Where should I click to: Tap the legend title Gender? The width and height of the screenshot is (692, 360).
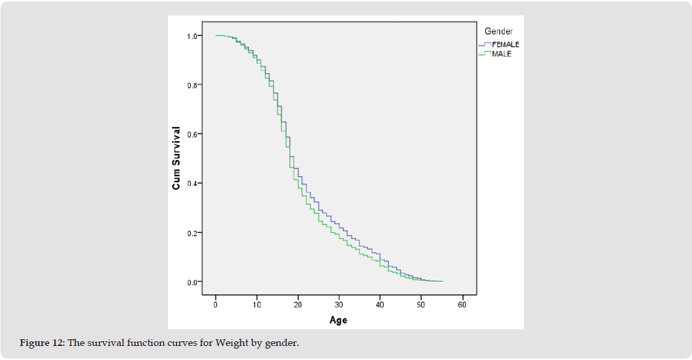point(499,31)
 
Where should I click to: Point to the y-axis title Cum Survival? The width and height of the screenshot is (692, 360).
point(177,158)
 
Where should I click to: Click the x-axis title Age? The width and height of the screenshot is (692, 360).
point(339,320)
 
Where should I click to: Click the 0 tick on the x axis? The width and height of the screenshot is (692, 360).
point(215,305)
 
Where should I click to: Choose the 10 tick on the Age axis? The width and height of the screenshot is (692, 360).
point(256,305)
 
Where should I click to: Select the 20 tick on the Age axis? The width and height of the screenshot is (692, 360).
point(298,305)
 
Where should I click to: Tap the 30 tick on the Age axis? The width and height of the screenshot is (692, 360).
point(339,305)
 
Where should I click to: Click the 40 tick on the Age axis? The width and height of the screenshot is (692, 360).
point(379,305)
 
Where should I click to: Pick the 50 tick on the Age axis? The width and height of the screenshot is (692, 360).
point(421,305)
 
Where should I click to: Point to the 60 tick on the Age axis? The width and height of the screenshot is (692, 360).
point(462,305)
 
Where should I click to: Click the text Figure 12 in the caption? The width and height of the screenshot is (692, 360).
point(41,344)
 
